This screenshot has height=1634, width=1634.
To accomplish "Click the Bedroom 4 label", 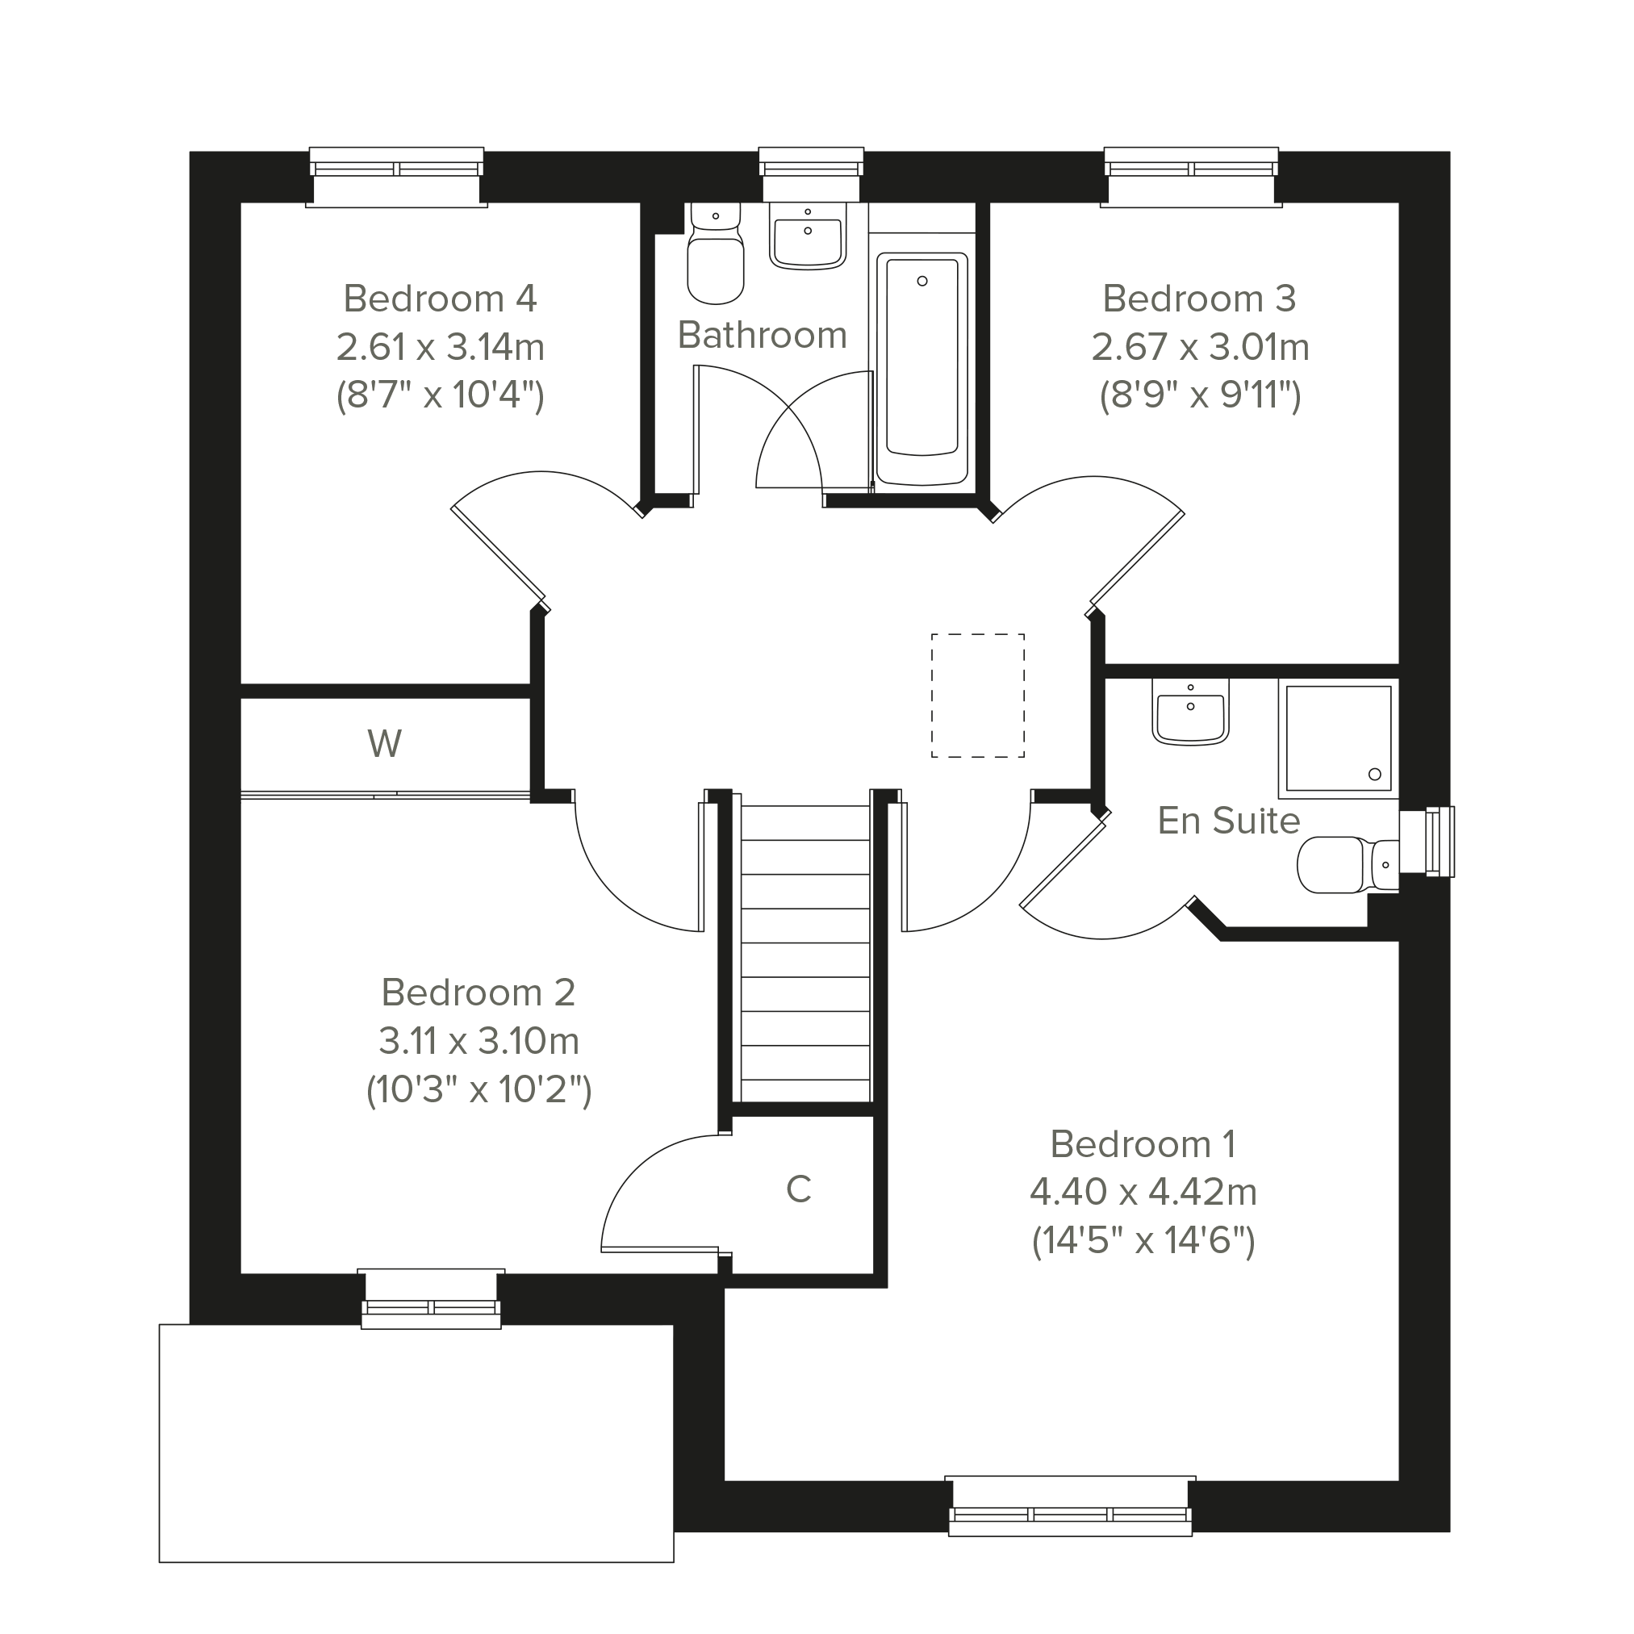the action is coord(440,299).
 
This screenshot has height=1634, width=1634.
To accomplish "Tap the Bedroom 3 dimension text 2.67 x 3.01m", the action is coord(1200,347).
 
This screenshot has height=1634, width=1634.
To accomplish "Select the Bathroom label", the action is coord(762,335).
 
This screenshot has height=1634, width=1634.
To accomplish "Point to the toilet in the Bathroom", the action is coord(716,253).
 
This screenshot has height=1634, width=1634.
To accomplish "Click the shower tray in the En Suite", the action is coord(1338,738).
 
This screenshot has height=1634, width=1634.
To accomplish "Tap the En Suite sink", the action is coord(1190,713).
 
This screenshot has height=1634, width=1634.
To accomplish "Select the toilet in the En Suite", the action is coord(1348,865).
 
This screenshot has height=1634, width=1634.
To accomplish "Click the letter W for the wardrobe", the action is coord(385,744).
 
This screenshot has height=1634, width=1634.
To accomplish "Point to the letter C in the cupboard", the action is coord(798,1189).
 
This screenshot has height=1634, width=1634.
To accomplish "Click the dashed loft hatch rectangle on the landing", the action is coord(978,696).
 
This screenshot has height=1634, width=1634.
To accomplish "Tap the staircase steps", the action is coord(806,952).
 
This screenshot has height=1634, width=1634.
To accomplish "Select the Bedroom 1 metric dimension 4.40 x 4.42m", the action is coord(1143,1192).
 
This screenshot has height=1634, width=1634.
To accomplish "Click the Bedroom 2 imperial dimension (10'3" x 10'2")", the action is coord(478,1090).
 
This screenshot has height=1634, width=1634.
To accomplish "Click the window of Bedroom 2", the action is coord(432,1298).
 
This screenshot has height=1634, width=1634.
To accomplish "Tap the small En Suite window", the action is coord(1427,842).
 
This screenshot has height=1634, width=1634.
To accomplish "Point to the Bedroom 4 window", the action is coord(396,177).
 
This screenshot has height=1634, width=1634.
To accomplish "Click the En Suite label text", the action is coord(1229,821).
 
